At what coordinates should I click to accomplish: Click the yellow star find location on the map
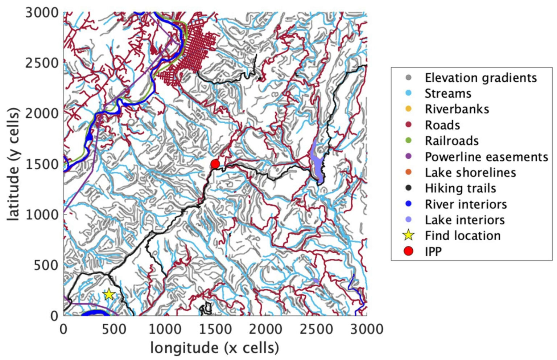click(x=109, y=294)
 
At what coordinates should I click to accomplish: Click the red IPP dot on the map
click(x=215, y=164)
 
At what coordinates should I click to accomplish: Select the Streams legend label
click(x=448, y=93)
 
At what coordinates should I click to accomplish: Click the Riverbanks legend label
click(x=457, y=109)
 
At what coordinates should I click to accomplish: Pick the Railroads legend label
click(x=452, y=140)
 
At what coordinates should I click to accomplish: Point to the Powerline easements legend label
click(x=486, y=156)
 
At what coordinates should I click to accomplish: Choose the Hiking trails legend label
click(x=461, y=188)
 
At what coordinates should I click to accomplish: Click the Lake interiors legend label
click(x=465, y=220)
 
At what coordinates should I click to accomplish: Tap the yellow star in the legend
click(x=408, y=235)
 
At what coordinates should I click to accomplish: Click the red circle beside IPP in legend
click(x=408, y=251)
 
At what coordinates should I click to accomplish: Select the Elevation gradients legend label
click(x=481, y=77)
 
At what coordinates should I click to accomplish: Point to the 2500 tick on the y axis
click(x=42, y=63)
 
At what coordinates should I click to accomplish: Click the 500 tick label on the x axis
click(x=114, y=329)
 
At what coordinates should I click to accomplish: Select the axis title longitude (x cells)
click(x=215, y=347)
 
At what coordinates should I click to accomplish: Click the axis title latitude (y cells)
click(x=13, y=164)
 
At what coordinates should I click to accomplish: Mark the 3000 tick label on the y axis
click(x=42, y=12)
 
